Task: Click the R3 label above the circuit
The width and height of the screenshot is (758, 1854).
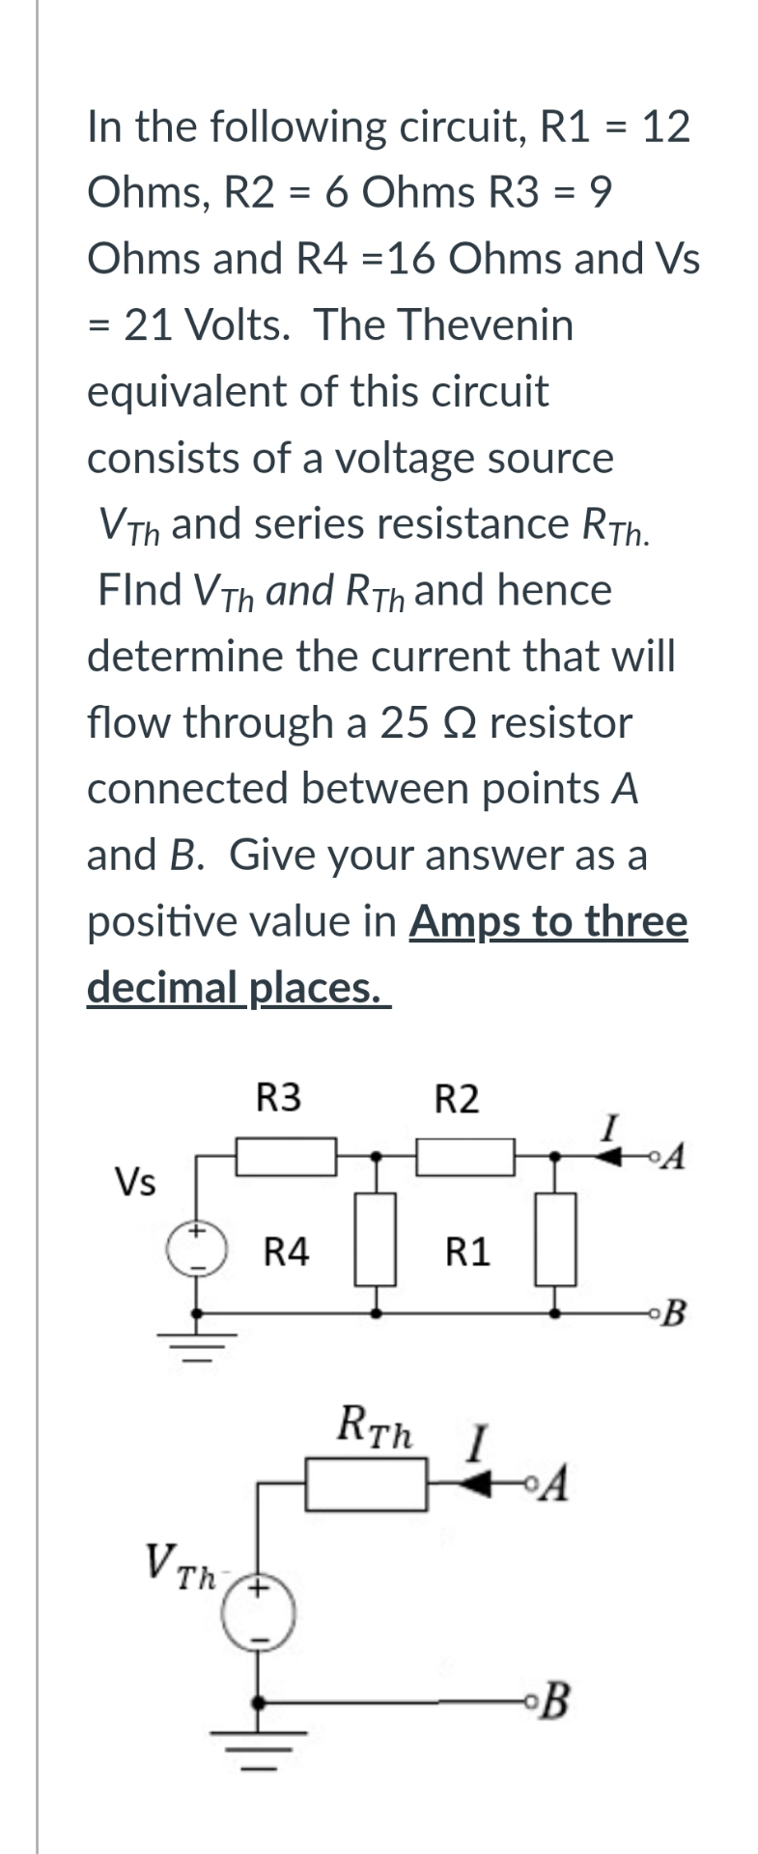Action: coord(278,1098)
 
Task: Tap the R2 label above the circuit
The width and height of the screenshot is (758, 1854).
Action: coord(456,1099)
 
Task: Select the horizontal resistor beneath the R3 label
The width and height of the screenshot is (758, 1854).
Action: coord(287,1156)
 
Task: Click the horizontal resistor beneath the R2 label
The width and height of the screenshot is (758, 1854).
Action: coord(465,1156)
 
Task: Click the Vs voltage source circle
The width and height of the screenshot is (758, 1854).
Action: coord(197,1249)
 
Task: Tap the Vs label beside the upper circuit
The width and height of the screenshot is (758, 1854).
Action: coord(135,1181)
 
